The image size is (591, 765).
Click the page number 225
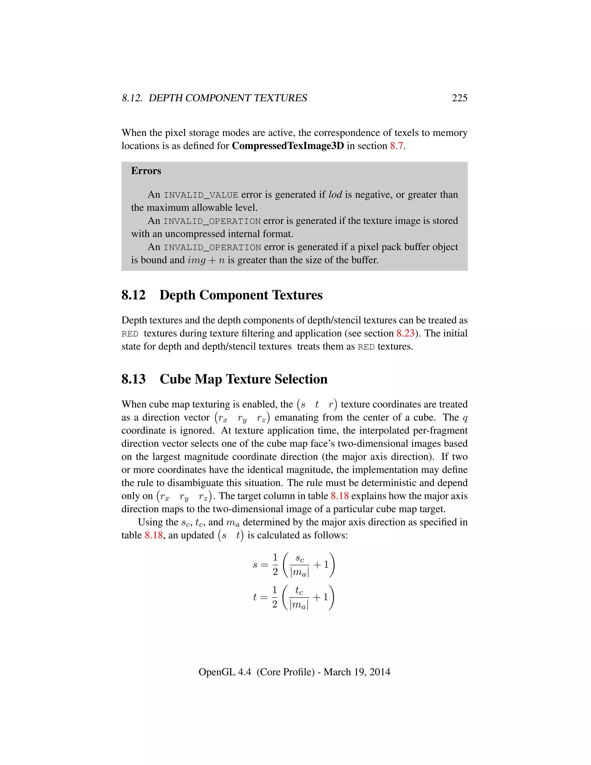pyautogui.click(x=459, y=98)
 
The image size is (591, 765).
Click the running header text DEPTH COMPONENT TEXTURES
pyautogui.click(x=228, y=98)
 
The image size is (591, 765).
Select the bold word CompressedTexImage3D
pyautogui.click(x=288, y=146)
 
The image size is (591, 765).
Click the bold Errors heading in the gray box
pyautogui.click(x=146, y=171)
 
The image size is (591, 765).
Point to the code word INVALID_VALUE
pyautogui.click(x=201, y=195)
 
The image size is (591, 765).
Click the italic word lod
pyautogui.click(x=335, y=195)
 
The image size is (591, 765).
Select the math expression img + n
pyautogui.click(x=206, y=260)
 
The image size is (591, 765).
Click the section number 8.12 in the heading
pyautogui.click(x=133, y=295)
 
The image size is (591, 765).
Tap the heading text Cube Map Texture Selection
pyautogui.click(x=243, y=379)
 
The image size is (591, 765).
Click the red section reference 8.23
pyautogui.click(x=405, y=333)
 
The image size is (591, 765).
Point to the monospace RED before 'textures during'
pyautogui.click(x=130, y=334)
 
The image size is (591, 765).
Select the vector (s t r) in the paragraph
pyautogui.click(x=317, y=404)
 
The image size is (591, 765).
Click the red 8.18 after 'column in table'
pyautogui.click(x=340, y=496)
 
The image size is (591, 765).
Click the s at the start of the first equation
pyautogui.click(x=255, y=565)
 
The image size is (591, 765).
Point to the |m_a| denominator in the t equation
pyautogui.click(x=299, y=604)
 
